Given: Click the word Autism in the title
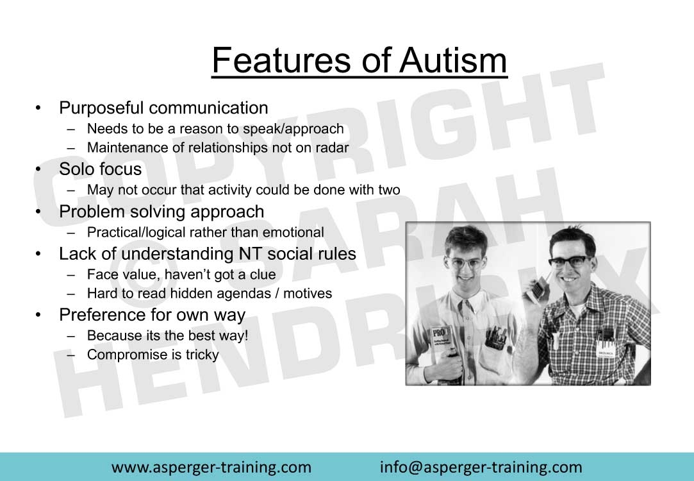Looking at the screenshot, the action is click(453, 60).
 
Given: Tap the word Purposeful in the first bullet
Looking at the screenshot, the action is click(101, 108).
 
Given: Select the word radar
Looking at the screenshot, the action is click(332, 148).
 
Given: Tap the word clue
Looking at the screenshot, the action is click(263, 274).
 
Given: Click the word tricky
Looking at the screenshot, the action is click(202, 355).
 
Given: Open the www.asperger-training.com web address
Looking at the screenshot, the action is click(211, 468).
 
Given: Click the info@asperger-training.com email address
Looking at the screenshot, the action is click(481, 468).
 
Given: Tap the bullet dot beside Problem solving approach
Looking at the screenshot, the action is click(38, 212).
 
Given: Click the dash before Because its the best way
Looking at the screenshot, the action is click(70, 336).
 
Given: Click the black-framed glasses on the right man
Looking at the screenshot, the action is click(568, 261).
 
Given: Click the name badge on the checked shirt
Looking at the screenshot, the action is click(605, 353).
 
